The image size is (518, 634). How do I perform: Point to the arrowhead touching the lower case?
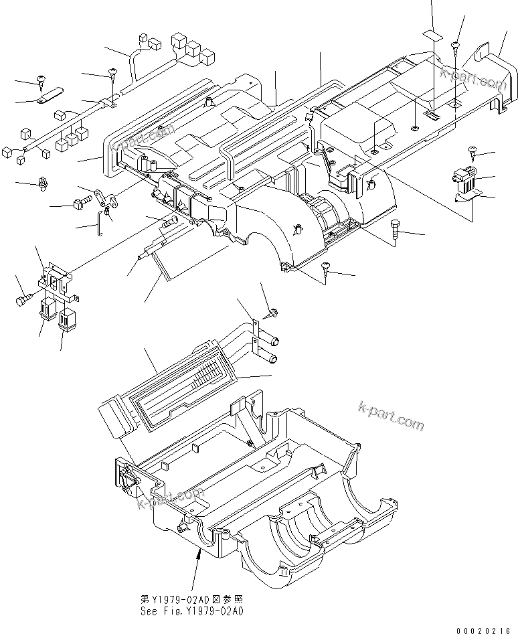[x=199, y=551]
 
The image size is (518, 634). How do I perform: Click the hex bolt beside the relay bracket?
[x=22, y=301]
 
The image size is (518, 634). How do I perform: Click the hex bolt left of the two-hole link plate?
[x=78, y=201]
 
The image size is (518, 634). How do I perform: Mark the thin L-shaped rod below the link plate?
[x=101, y=219]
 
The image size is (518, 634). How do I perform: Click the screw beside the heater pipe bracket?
[x=273, y=311]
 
